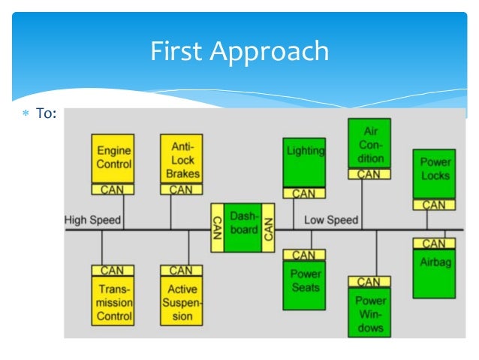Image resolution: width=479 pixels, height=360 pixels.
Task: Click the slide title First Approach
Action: [x=239, y=51]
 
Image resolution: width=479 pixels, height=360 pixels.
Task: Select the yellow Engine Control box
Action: [x=113, y=159]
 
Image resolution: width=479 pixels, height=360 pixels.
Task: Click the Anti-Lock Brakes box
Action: [x=181, y=159]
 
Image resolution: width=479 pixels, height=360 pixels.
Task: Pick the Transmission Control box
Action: [x=113, y=301]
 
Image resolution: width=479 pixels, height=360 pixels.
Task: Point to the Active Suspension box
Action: [x=181, y=301]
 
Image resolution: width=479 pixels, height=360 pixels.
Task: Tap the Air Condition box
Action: [x=369, y=144]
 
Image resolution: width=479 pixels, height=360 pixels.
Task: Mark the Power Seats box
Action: [x=304, y=284]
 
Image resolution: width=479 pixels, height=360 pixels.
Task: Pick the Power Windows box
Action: [x=369, y=312]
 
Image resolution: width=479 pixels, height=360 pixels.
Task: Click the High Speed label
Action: [x=92, y=221]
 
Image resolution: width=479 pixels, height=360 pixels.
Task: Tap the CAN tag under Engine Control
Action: [x=113, y=189]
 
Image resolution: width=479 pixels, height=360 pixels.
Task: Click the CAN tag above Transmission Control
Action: [x=113, y=271]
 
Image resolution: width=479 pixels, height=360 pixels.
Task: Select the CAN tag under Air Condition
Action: [x=369, y=174]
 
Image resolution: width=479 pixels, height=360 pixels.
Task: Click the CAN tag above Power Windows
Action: [x=369, y=282]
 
